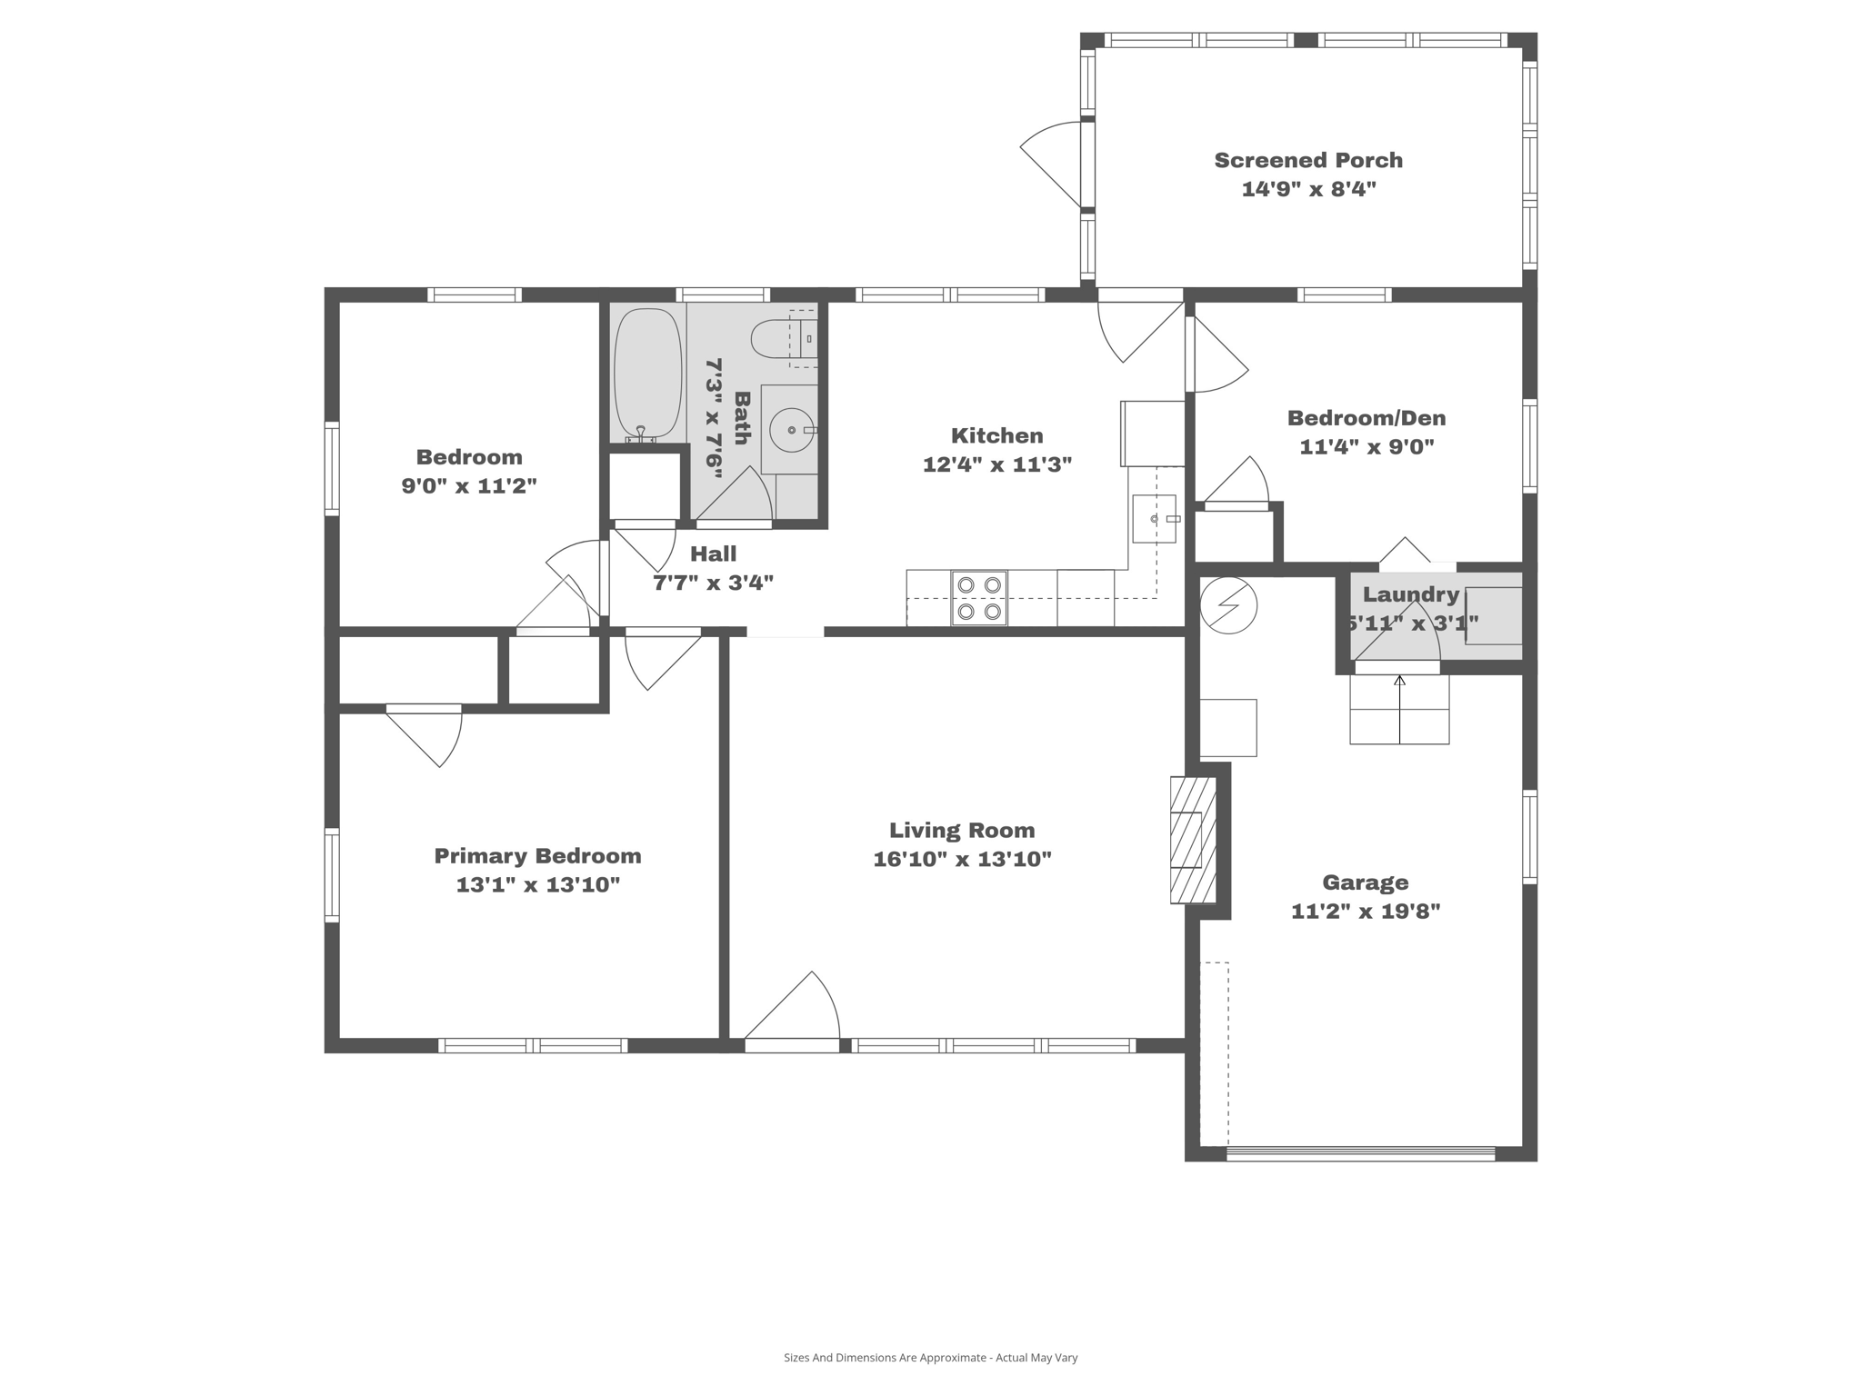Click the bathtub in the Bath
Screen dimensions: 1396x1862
(x=647, y=374)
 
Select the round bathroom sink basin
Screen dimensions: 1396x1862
(x=791, y=430)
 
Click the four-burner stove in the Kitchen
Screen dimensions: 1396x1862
(x=979, y=598)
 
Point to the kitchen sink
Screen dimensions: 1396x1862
(x=1154, y=519)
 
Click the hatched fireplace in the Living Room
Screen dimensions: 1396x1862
(x=1192, y=840)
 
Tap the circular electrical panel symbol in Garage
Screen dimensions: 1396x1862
(x=1227, y=604)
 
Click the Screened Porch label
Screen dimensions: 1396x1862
(x=1308, y=161)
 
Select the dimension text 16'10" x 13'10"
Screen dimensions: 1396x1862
(x=962, y=859)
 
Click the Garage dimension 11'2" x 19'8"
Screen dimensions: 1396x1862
(x=1366, y=911)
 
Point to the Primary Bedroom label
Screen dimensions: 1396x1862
(x=537, y=856)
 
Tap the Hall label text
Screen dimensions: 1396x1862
(x=713, y=553)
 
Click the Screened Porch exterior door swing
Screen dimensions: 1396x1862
(x=1053, y=165)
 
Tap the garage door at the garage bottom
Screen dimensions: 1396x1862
(x=1360, y=1154)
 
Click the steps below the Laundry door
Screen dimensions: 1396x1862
(x=1398, y=711)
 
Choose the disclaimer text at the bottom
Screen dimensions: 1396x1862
(x=930, y=1358)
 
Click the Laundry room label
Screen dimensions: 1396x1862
(x=1410, y=594)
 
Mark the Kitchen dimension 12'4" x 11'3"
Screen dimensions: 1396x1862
(x=996, y=464)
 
